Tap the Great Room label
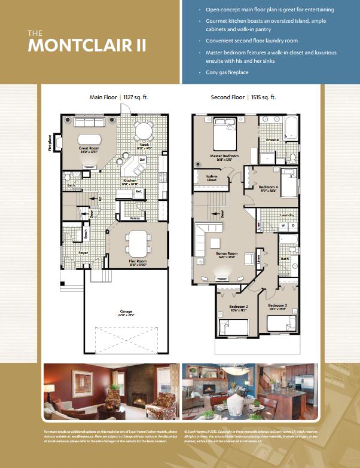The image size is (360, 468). (89, 147)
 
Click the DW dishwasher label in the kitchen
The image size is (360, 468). (142, 160)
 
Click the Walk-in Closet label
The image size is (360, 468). (212, 178)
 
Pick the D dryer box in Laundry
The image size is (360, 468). (292, 225)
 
